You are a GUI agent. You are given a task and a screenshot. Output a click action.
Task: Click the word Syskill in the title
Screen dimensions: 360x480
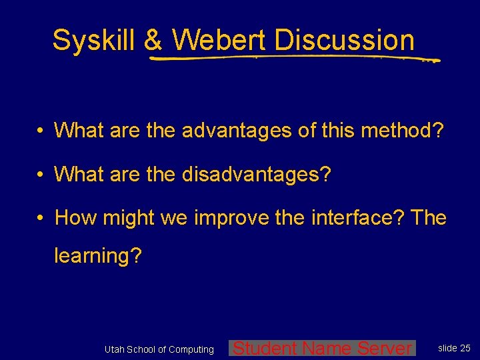click(95, 40)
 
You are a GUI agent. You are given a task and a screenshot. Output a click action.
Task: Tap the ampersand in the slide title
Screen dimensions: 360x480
click(153, 40)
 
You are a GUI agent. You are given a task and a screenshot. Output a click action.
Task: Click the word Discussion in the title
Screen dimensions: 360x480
click(344, 40)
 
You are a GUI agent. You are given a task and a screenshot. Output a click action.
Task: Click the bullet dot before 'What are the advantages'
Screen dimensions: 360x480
click(41, 131)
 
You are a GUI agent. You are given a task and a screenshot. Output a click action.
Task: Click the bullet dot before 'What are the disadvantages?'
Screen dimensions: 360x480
click(41, 175)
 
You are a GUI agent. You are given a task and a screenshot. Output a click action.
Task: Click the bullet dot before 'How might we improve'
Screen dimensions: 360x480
click(41, 218)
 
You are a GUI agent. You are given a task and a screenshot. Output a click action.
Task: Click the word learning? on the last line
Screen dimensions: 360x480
click(98, 256)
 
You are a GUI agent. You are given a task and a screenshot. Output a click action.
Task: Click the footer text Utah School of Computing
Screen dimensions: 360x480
click(159, 349)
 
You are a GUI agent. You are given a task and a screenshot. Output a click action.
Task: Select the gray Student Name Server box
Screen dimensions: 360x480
click(322, 348)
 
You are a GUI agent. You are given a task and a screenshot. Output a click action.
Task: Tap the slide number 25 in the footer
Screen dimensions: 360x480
click(465, 348)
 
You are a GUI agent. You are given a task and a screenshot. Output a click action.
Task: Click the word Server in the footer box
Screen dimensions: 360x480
click(385, 348)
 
